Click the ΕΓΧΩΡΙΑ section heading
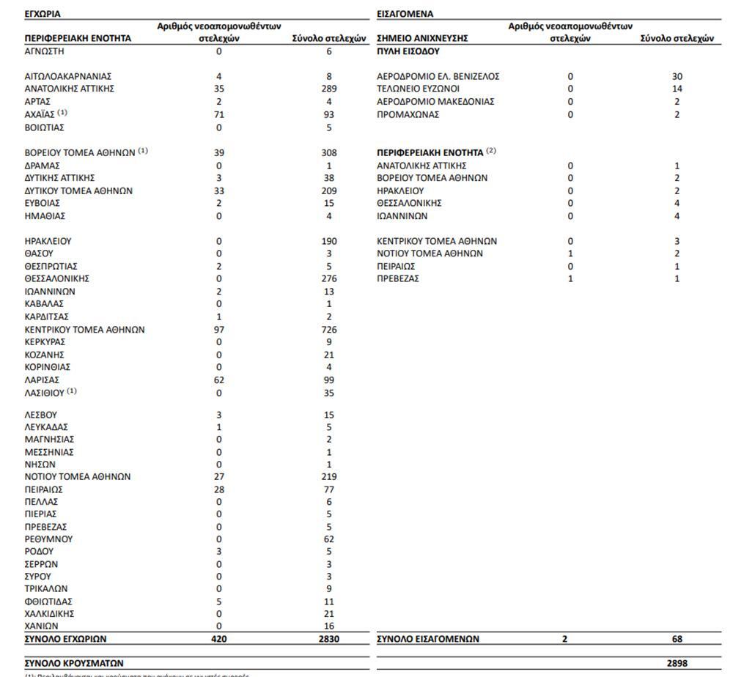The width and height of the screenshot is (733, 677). tap(42, 13)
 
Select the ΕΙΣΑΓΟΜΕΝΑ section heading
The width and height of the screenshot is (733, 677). tap(405, 13)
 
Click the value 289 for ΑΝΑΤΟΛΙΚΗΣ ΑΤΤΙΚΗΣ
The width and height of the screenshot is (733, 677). tap(329, 89)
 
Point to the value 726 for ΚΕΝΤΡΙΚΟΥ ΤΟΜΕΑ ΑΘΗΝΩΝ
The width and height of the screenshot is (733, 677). tap(329, 330)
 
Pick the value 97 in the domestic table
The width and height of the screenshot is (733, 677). tap(219, 330)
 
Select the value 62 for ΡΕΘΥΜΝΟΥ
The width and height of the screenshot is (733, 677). tap(329, 539)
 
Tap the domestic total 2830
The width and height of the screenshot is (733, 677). tap(329, 639)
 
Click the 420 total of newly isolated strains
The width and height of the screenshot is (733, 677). tap(219, 639)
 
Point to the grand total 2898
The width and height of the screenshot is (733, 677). tap(677, 663)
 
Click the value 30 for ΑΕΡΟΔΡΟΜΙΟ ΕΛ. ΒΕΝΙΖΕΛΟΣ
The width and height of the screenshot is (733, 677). tap(677, 76)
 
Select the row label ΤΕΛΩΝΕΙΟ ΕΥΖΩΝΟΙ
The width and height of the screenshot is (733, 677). tap(418, 89)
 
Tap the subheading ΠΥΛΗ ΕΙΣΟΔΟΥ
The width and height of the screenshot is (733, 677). tap(408, 51)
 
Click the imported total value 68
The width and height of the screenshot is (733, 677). tap(677, 639)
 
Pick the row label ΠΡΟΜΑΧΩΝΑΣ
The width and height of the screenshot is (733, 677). tap(408, 114)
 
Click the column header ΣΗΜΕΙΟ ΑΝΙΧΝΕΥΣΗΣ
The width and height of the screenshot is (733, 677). tap(422, 39)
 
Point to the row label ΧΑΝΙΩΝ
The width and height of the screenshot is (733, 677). tap(41, 626)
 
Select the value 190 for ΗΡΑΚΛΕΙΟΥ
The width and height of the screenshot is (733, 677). tap(329, 241)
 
